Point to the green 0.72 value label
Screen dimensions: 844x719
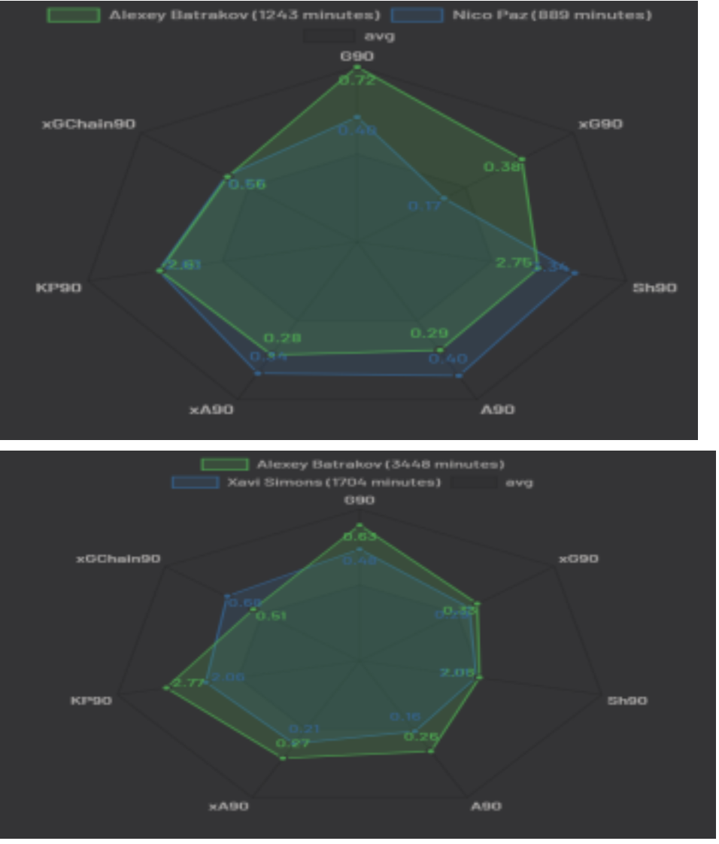tap(357, 80)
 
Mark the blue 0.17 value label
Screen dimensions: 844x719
tap(425, 205)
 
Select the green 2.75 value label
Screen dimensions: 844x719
tap(514, 263)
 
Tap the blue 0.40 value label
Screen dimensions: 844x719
tap(447, 359)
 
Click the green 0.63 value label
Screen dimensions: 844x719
tap(360, 536)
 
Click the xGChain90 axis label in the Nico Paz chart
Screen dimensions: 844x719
tap(89, 124)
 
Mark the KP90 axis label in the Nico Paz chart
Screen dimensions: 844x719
tap(59, 287)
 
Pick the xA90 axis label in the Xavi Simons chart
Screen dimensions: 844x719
tap(229, 806)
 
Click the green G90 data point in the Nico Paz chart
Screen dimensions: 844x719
tap(357, 68)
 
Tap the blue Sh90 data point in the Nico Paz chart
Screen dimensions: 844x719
tap(575, 274)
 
